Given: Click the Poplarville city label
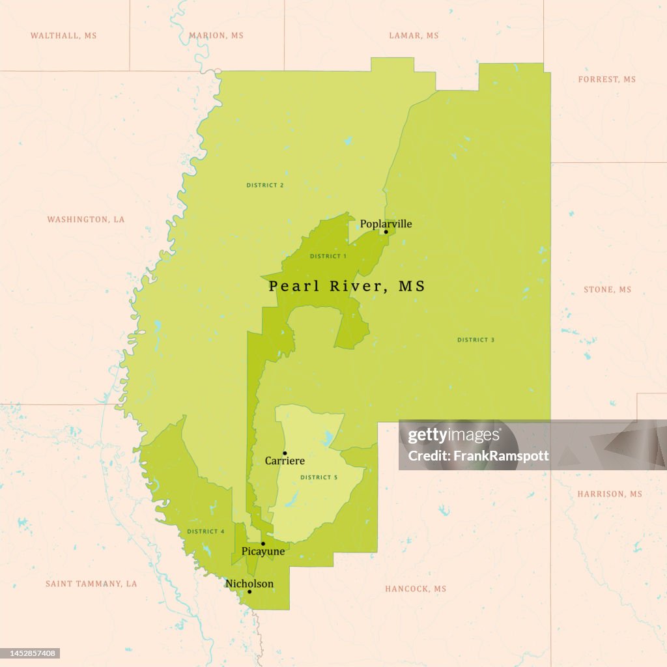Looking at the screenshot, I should click(386, 224).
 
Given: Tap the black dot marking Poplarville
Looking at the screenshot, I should click(386, 232).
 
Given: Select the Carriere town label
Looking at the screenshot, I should click(285, 461).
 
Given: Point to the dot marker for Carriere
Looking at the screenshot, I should click(285, 453).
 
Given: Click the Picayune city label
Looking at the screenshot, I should click(263, 552).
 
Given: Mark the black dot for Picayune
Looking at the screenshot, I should click(263, 543).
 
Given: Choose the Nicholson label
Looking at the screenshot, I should click(249, 584).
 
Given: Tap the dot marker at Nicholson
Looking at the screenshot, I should click(249, 591).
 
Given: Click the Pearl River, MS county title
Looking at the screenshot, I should click(347, 286).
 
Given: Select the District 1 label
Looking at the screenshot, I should click(328, 256).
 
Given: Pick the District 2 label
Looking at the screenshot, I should click(265, 186).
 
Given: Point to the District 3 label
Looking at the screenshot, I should click(476, 340).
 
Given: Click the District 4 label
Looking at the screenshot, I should click(206, 532).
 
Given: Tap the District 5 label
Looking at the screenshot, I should click(319, 477).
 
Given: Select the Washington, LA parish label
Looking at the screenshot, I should click(85, 220).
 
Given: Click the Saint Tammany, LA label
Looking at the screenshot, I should click(91, 584).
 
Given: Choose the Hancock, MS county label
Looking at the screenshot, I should click(416, 589).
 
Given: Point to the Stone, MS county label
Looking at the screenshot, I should click(607, 289).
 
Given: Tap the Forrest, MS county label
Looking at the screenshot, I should click(606, 79).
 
